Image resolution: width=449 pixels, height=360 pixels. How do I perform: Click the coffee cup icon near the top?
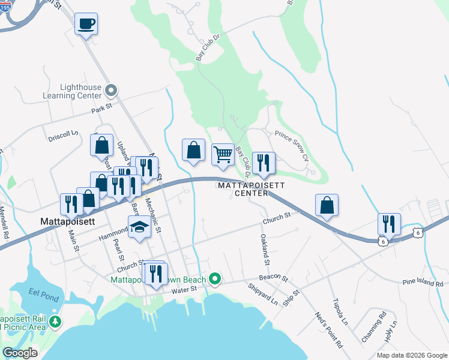click(x=86, y=24)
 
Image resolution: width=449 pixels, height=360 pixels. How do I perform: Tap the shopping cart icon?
click(x=223, y=155)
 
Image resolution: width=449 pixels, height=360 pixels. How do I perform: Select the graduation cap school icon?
click(x=139, y=227)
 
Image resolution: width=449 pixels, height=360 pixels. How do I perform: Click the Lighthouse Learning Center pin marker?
click(x=110, y=91)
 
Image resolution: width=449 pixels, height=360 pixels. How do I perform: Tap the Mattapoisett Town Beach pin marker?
click(x=214, y=279)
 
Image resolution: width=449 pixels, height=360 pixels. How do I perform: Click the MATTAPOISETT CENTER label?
click(x=243, y=190)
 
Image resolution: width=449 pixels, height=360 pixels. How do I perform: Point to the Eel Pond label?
click(x=40, y=292)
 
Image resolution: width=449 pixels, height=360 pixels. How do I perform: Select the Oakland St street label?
click(x=264, y=250)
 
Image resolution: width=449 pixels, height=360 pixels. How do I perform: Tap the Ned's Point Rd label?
click(x=330, y=331)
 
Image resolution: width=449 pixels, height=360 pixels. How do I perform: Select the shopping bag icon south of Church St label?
click(x=327, y=205)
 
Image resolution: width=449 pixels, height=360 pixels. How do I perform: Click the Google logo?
click(x=20, y=353)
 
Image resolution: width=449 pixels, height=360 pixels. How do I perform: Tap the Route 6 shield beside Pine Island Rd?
click(x=418, y=232)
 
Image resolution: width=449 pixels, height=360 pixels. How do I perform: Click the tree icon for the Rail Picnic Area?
click(x=56, y=322)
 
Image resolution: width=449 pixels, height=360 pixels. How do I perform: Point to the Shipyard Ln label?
click(x=263, y=295)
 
